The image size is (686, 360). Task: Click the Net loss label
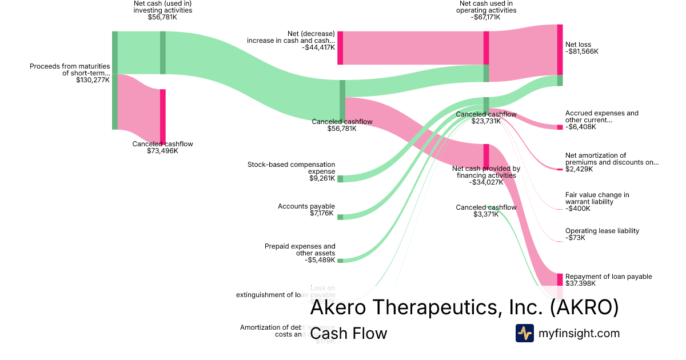[x=578, y=45]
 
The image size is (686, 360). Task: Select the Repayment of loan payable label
[x=608, y=277]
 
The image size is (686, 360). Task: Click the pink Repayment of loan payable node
[x=560, y=279]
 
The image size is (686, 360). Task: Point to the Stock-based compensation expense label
[x=291, y=168]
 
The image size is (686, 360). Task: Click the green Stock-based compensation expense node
[x=340, y=179]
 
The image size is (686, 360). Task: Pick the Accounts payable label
[x=306, y=206]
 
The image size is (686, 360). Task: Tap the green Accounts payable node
[x=340, y=217]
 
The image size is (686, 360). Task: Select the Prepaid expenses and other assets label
[x=300, y=250]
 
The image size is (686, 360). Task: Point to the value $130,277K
[x=93, y=80]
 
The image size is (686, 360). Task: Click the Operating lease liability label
[x=602, y=231]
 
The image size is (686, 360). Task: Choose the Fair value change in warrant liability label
[x=597, y=198]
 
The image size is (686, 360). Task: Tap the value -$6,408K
[x=580, y=127]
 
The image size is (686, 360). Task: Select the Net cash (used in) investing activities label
[x=162, y=7]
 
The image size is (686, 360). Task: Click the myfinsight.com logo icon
[x=524, y=333]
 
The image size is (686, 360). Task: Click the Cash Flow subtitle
[x=348, y=334]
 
